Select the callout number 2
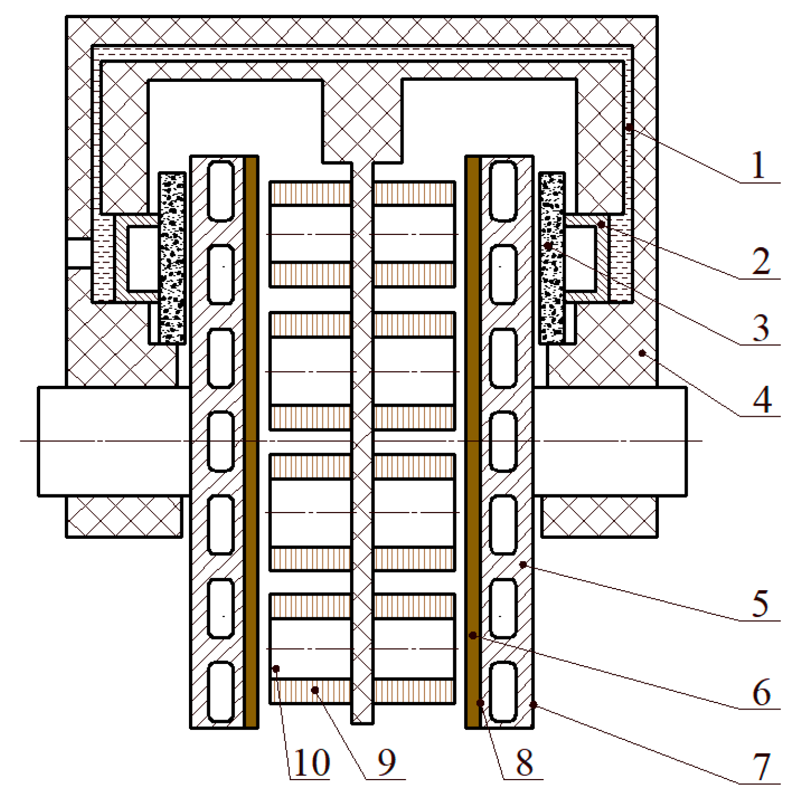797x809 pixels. (x=761, y=262)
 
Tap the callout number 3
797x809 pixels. (x=761, y=327)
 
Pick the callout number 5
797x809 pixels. (x=760, y=604)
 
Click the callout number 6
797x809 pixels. (x=761, y=692)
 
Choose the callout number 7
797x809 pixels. (x=761, y=767)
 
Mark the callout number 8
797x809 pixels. (x=524, y=762)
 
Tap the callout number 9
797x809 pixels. (x=386, y=762)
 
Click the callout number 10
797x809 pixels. (x=311, y=762)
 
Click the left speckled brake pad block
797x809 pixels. (x=172, y=258)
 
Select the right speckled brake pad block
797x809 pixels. (x=552, y=258)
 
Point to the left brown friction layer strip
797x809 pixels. (x=251, y=441)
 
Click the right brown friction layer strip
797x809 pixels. (x=473, y=441)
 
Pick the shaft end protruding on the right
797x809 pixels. (x=610, y=441)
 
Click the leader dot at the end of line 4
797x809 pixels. (x=642, y=353)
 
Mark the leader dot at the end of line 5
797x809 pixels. (x=523, y=564)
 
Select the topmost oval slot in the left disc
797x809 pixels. (x=221, y=191)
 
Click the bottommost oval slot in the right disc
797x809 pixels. (x=503, y=692)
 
